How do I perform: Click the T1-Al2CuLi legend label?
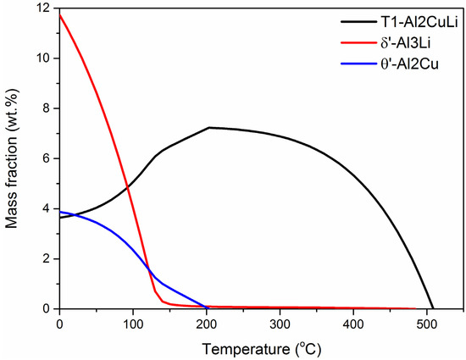coord(405,19)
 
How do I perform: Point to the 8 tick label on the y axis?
coord(44,108)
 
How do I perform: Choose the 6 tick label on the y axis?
coord(44,158)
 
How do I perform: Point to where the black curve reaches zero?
coord(433,308)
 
